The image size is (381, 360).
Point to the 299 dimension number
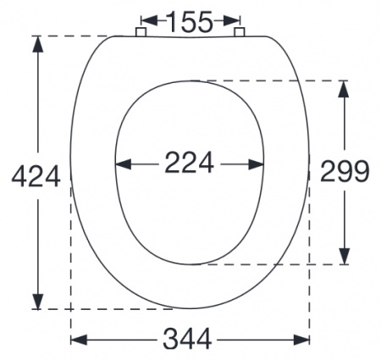pos(345,172)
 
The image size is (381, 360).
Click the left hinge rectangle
pos(141,32)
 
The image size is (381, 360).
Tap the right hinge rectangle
pos(240,32)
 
